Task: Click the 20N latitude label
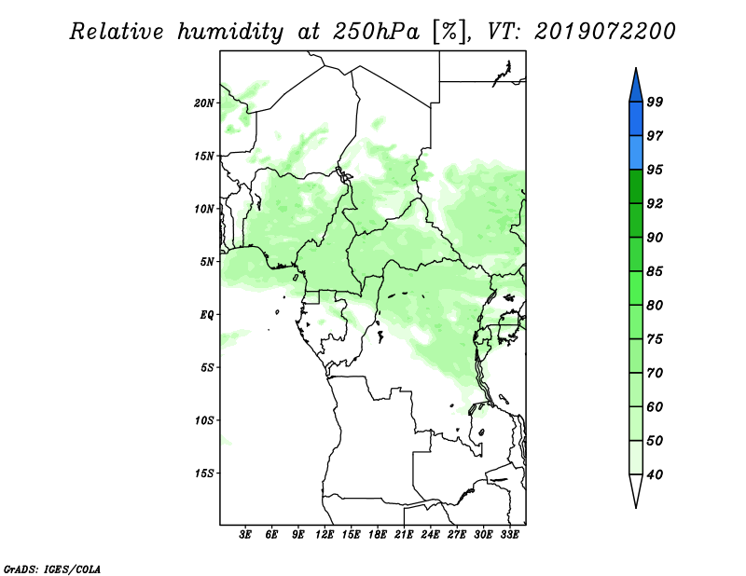coord(204,103)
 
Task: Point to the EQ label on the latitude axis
coord(207,315)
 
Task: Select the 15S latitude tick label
coord(204,473)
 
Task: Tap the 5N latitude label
coord(207,262)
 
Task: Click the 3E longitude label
coord(245,535)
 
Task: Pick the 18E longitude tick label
coord(378,535)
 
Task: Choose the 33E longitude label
coord(509,535)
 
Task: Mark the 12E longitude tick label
coord(325,535)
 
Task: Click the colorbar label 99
coord(655,102)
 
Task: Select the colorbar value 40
coord(655,474)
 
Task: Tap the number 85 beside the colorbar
coord(655,271)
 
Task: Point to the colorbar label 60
coord(655,406)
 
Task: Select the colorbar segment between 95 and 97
coord(636,153)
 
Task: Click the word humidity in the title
coord(230,32)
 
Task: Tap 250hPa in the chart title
coord(377,32)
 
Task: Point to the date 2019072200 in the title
coord(604,32)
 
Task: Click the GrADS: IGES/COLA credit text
coord(52,569)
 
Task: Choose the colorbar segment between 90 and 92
coord(636,220)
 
